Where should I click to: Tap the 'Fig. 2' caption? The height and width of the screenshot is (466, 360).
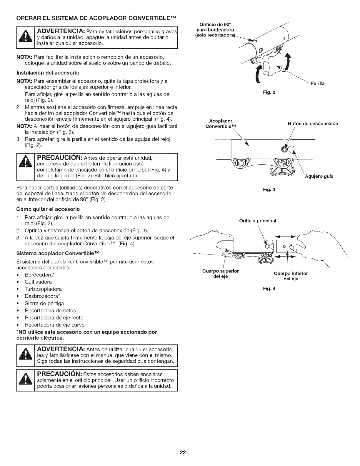(x=269, y=93)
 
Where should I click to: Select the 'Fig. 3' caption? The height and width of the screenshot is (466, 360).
(x=269, y=189)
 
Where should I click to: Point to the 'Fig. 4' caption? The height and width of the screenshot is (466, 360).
(x=269, y=289)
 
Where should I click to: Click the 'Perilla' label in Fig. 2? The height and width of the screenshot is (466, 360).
(x=317, y=84)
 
